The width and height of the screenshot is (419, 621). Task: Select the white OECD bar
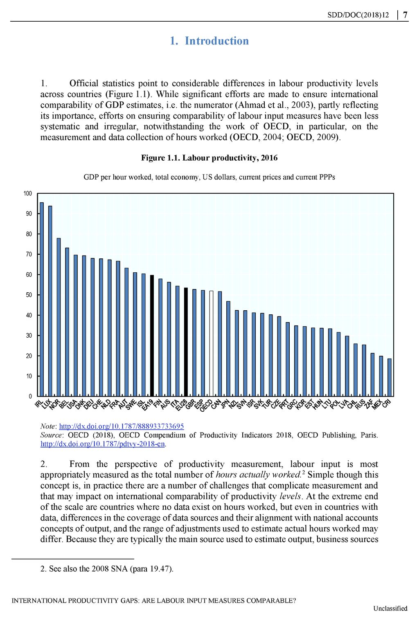click(211, 343)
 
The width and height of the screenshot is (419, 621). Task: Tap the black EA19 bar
click(152, 336)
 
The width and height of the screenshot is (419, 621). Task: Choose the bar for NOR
click(59, 317)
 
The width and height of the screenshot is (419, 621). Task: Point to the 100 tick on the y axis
click(28, 193)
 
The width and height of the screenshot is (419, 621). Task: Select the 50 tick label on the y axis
click(29, 295)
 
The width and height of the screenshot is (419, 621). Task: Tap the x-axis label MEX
click(377, 404)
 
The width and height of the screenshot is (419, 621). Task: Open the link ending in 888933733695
click(122, 426)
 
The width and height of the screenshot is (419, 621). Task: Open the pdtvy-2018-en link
click(103, 444)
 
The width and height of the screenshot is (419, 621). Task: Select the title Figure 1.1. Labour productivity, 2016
click(209, 158)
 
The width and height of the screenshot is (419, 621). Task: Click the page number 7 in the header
click(405, 15)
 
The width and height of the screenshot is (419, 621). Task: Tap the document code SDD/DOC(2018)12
click(358, 15)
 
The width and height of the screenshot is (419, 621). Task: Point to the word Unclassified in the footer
click(390, 608)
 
